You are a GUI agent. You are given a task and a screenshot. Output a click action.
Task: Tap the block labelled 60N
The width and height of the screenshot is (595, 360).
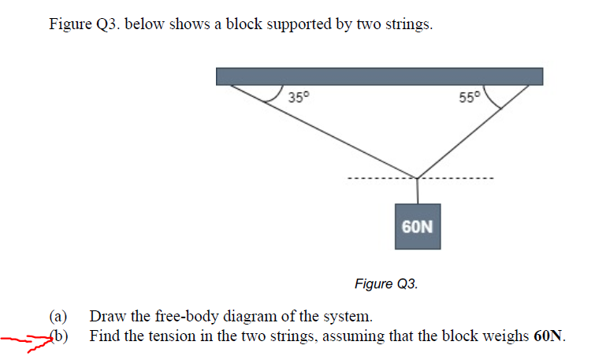tap(417, 227)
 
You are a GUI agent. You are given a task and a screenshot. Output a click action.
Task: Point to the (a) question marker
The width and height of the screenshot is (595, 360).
tap(60, 317)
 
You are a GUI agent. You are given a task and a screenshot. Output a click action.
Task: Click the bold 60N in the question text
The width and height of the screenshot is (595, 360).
tap(549, 336)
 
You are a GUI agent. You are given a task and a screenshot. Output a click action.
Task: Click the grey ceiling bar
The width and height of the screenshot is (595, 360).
tap(379, 76)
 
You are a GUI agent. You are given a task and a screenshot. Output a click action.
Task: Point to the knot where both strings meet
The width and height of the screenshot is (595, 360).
tap(417, 178)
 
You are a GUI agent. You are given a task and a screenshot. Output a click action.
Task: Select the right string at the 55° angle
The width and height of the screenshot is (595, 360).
tap(473, 131)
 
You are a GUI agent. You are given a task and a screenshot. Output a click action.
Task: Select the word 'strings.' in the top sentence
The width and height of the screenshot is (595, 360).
tap(407, 24)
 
